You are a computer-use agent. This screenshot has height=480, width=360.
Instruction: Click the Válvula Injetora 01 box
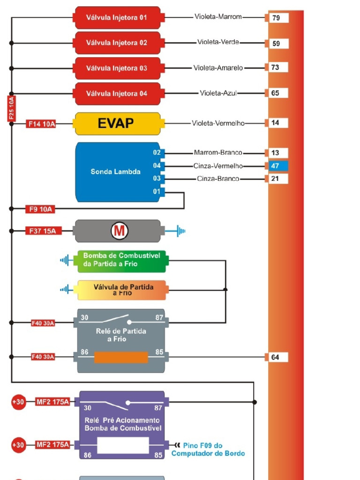(117, 18)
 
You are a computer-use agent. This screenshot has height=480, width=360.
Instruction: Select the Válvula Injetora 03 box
(117, 68)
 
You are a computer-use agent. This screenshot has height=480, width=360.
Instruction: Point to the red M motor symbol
(119, 231)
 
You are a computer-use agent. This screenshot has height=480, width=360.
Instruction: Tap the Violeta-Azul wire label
(218, 93)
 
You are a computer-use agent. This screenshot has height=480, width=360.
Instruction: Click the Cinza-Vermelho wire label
(218, 166)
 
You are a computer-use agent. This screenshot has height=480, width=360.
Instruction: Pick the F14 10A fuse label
(41, 124)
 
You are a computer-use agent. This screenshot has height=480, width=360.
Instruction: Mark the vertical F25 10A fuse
(12, 109)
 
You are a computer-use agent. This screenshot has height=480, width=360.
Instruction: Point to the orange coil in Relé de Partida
(121, 357)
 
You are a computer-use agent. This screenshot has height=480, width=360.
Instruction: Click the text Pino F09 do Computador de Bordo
(208, 450)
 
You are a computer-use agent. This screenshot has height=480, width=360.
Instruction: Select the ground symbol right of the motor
(180, 231)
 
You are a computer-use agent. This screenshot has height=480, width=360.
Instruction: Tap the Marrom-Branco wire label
(218, 153)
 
